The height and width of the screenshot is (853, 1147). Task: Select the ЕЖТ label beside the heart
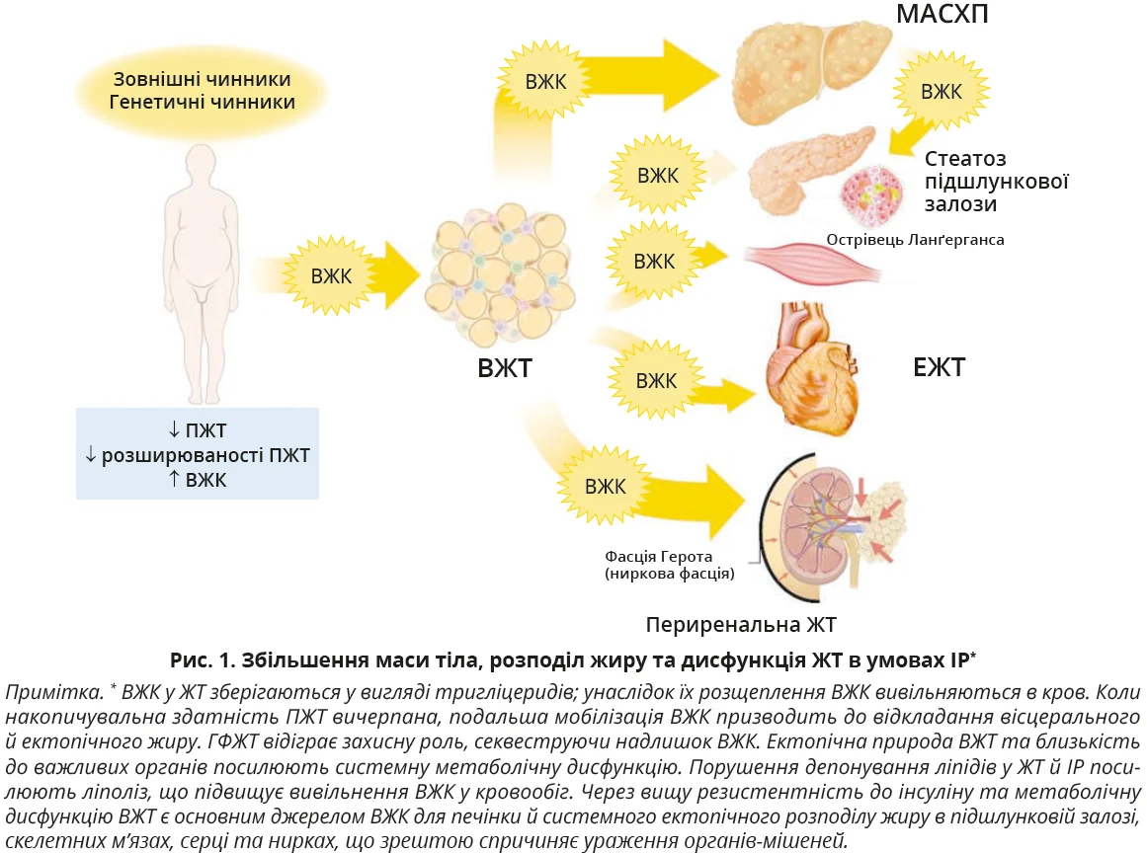click(939, 368)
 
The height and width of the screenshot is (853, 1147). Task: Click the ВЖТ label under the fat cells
click(505, 369)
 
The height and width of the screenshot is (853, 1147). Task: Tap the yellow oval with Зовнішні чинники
click(203, 89)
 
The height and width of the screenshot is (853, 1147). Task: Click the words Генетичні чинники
click(203, 102)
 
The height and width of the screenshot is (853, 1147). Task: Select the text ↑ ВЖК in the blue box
click(198, 480)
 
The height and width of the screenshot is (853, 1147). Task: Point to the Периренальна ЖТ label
click(741, 625)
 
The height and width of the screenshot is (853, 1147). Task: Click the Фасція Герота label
click(659, 556)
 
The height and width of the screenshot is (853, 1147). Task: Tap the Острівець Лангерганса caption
click(915, 239)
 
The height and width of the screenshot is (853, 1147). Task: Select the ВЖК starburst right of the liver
click(941, 92)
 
